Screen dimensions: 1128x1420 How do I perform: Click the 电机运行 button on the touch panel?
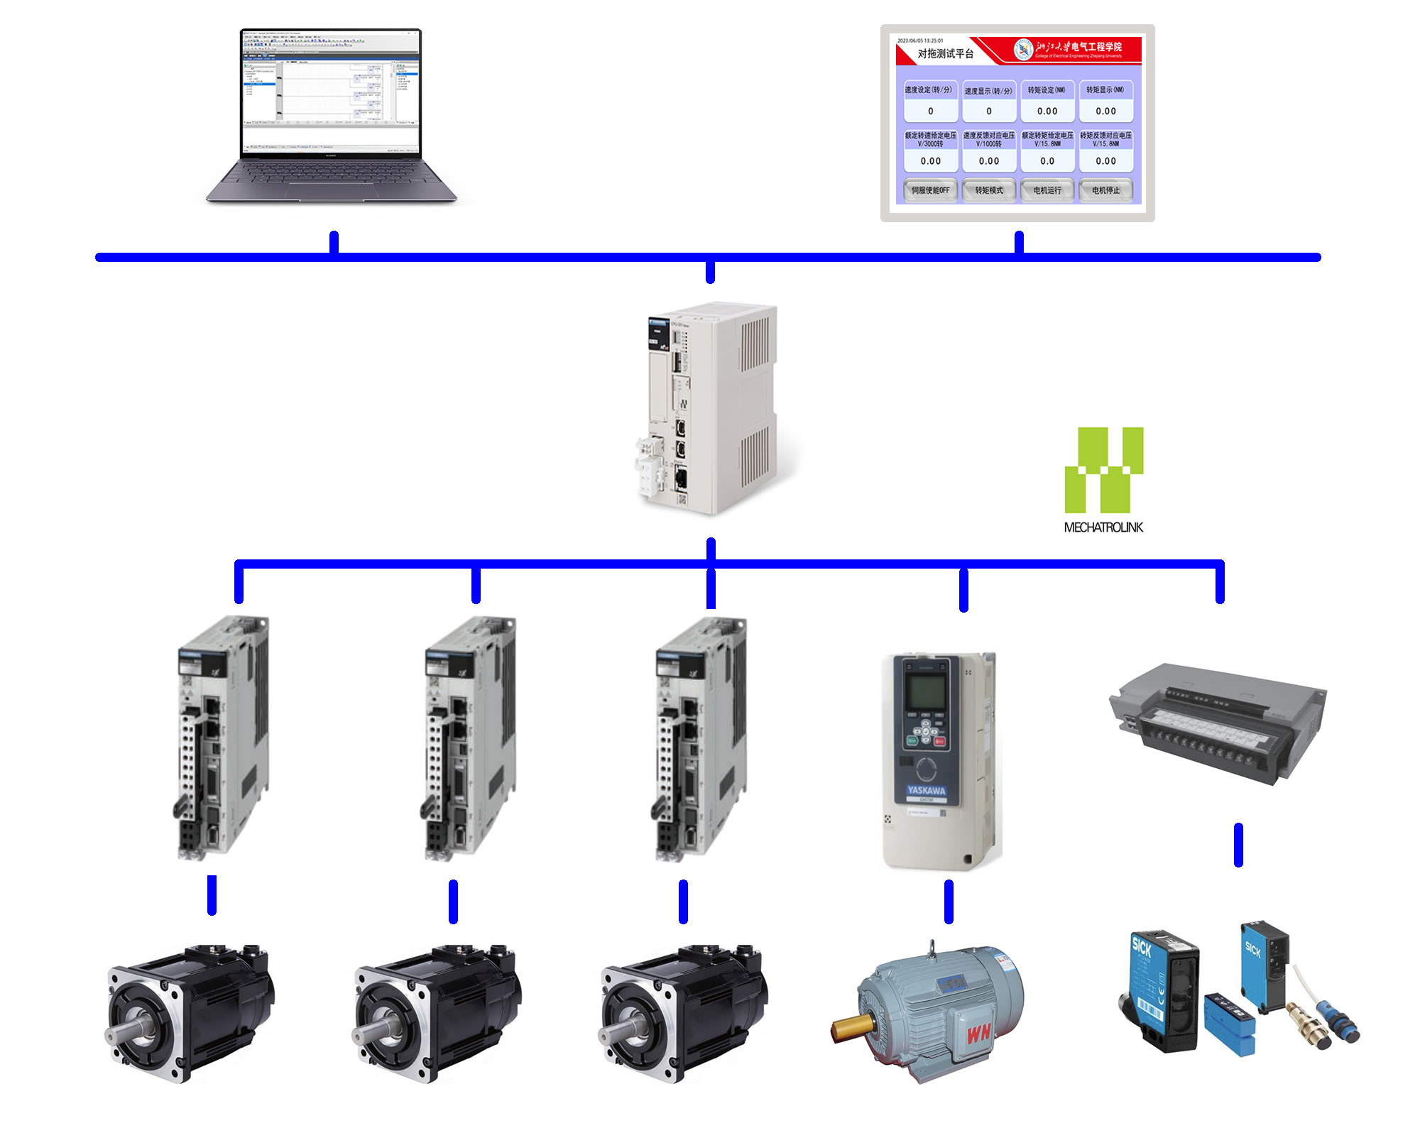pos(1047,190)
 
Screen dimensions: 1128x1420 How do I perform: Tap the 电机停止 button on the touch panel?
pos(1105,190)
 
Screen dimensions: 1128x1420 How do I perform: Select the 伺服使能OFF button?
pos(930,190)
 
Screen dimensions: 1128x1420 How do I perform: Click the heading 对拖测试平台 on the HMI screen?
pos(945,54)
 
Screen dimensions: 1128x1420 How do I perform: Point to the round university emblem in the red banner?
pos(1023,49)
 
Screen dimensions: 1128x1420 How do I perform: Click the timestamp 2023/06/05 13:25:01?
pos(920,40)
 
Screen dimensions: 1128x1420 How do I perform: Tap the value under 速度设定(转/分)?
pos(930,111)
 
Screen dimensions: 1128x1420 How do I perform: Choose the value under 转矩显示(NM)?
pos(1105,111)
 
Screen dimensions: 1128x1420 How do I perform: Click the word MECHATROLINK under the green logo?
pos(1103,527)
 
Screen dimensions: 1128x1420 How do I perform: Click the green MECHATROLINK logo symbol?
pos(1103,469)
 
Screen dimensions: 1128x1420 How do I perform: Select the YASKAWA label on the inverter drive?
pos(927,790)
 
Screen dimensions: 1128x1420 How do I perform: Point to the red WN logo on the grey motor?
pos(978,1033)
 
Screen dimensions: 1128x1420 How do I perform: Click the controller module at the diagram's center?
pos(710,408)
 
